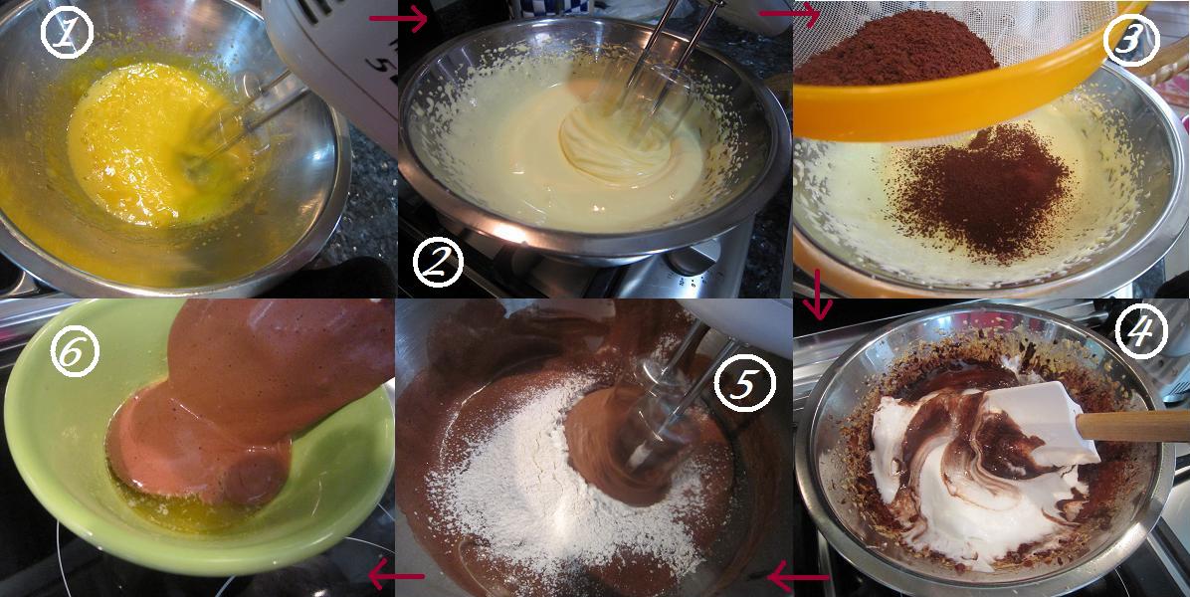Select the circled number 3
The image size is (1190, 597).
click(x=1130, y=40)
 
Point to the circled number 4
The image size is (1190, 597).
click(x=1139, y=331)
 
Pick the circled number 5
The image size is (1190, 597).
click(x=745, y=383)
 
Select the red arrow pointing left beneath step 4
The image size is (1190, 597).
click(x=797, y=578)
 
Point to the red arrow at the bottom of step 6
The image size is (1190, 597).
click(x=395, y=577)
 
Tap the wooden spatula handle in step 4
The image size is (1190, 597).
click(x=1132, y=426)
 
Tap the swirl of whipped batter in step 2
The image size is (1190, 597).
click(x=615, y=144)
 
